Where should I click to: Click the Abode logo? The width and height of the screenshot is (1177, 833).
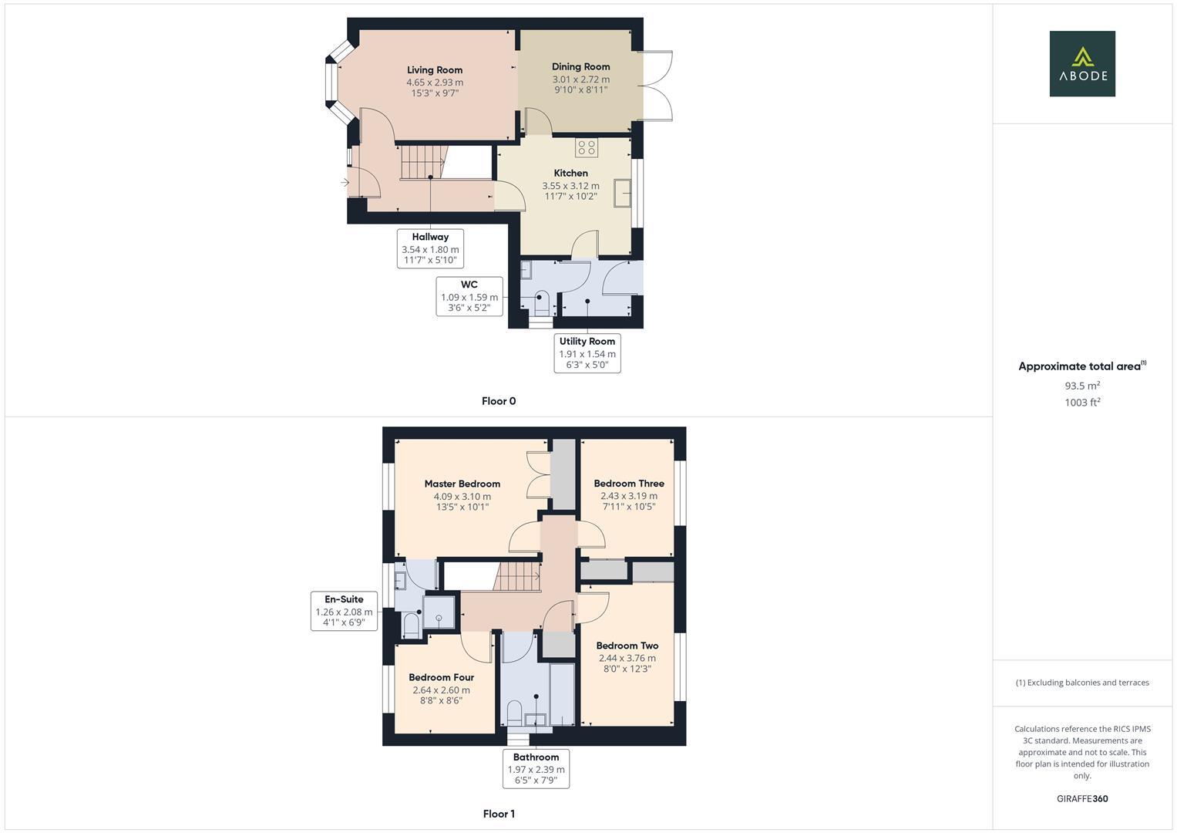point(1081,64)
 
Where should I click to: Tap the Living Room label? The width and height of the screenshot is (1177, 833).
point(435,70)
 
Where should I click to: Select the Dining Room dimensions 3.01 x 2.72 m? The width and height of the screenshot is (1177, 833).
point(580,79)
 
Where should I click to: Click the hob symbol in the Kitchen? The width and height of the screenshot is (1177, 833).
point(586,147)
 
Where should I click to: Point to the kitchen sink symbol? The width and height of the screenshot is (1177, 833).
point(622,193)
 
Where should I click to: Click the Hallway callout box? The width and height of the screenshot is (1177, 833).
point(430,248)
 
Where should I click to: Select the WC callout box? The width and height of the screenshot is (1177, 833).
point(469,296)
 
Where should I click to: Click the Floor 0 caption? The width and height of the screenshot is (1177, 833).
point(499,401)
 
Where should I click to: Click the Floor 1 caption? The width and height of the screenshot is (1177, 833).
point(499,814)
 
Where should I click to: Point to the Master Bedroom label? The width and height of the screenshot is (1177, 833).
point(462,484)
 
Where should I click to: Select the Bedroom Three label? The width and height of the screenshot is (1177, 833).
point(629,484)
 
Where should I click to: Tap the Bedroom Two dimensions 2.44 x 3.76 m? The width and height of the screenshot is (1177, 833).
point(627,658)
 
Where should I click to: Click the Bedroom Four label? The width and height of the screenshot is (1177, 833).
point(441,677)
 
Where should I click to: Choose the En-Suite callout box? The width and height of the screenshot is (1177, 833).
point(344,611)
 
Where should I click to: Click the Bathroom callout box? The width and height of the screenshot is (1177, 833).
point(536,769)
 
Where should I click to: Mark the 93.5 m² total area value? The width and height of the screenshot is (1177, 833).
point(1082,386)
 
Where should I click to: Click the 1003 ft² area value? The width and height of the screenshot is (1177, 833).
point(1082,403)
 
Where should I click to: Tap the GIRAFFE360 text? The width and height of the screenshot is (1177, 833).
point(1082,799)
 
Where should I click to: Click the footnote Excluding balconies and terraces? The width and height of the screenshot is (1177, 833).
point(1082,683)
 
